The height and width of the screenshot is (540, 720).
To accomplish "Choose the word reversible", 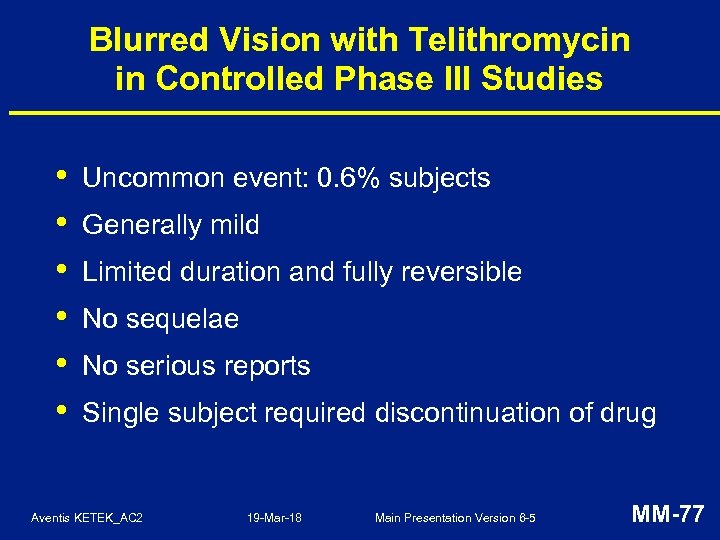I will point(464,272).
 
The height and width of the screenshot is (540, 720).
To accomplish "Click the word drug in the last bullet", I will point(627,413).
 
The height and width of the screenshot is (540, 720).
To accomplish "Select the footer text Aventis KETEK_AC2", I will point(87,518).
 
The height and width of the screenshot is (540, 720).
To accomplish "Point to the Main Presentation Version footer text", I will point(455,518).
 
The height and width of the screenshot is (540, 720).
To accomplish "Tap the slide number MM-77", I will point(668,515).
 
